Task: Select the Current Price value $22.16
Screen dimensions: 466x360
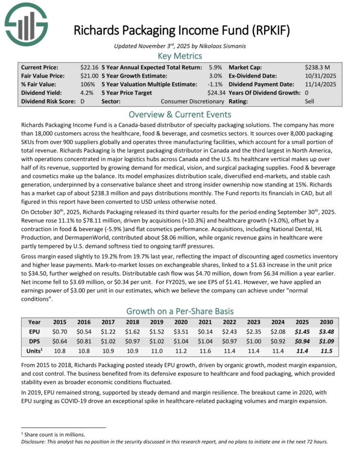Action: pos(89,67)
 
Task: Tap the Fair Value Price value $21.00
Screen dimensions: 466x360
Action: pos(89,76)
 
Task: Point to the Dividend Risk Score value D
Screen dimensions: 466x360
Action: pos(83,101)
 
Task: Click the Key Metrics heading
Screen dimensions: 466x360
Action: pos(180,56)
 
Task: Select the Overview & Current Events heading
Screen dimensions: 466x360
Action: pos(180,114)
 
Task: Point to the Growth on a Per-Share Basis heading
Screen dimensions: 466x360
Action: pos(180,311)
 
